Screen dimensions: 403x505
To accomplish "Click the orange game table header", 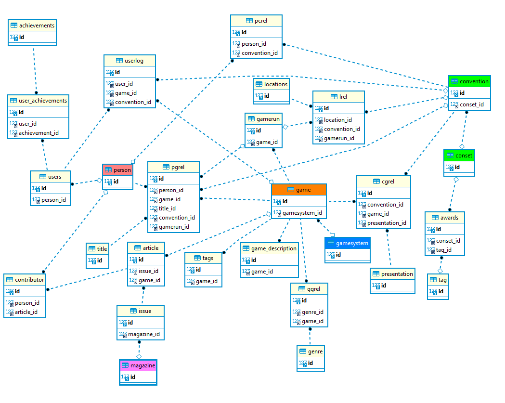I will [x=299, y=190].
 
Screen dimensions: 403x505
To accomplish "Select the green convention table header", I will [x=469, y=81].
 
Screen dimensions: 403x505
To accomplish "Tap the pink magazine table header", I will [x=138, y=365].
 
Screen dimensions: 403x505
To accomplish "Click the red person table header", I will [x=117, y=170].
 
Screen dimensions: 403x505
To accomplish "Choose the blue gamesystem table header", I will [x=347, y=243].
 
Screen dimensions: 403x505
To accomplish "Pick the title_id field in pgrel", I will [x=167, y=208].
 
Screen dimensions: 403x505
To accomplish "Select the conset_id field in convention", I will [x=471, y=104].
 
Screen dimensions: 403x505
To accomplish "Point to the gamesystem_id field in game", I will [x=302, y=213].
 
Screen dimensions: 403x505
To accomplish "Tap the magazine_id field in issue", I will [x=143, y=334].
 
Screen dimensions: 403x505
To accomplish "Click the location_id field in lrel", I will [x=337, y=120].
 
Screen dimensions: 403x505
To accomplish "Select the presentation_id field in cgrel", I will [x=387, y=223].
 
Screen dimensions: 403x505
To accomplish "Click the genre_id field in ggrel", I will [x=312, y=312].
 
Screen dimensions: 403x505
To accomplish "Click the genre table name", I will [x=315, y=351].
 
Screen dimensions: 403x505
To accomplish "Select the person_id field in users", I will [x=53, y=200].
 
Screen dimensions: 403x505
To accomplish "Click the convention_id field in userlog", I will [x=133, y=102].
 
